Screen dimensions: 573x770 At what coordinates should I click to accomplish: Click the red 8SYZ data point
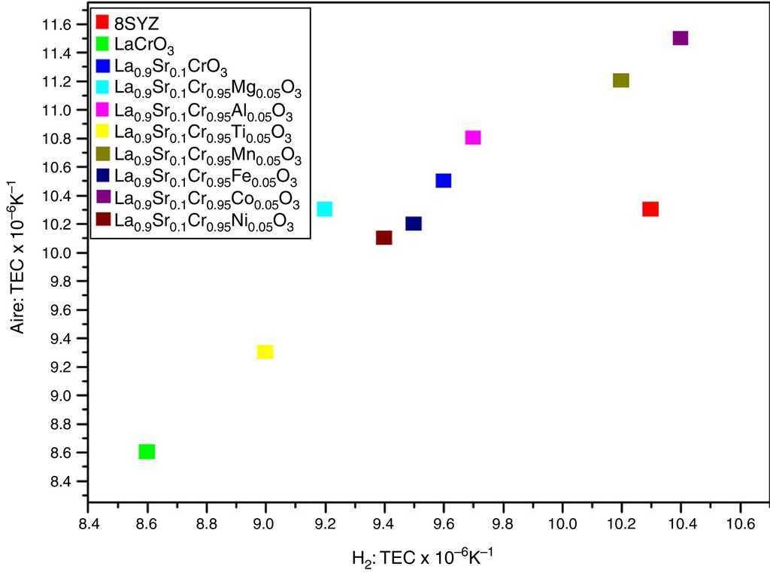[x=650, y=209]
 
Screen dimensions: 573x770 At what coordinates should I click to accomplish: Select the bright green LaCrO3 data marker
[x=147, y=452]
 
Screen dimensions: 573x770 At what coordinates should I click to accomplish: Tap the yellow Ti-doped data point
[x=265, y=352]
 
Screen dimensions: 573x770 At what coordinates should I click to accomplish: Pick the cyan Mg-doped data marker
[x=324, y=209]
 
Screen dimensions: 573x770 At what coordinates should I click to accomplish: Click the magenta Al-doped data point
[x=472, y=138]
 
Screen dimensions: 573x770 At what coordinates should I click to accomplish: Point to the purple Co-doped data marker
[x=681, y=38]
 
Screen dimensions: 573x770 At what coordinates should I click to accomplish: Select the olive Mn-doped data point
[x=620, y=81]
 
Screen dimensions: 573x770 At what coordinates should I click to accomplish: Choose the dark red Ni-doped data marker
[x=383, y=238]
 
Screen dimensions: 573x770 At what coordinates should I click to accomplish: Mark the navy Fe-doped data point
[x=413, y=224]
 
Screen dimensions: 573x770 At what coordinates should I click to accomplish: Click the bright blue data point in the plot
[x=443, y=181]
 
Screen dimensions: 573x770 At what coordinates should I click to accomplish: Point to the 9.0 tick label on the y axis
[x=60, y=395]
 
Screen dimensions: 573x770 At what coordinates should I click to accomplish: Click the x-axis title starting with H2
[x=422, y=557]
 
